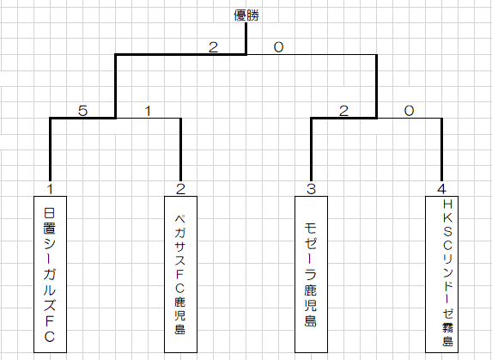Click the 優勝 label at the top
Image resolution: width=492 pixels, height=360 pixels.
click(246, 15)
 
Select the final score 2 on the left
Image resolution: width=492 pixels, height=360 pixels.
click(213, 47)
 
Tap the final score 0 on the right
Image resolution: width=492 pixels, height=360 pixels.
click(278, 47)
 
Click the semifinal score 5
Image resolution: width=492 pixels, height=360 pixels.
click(82, 111)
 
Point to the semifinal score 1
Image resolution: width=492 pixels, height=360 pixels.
click(148, 111)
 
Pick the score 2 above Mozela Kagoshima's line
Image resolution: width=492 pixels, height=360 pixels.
click(343, 111)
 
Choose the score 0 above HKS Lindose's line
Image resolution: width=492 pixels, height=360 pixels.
click(409, 111)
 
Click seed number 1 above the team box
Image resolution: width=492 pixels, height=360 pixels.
click(50, 189)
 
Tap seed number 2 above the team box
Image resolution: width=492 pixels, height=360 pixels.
click(180, 189)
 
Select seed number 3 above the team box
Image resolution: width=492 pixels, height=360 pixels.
click(311, 189)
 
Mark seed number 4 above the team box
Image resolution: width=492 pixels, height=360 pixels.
click(441, 189)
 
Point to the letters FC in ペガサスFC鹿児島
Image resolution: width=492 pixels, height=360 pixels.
click(180, 281)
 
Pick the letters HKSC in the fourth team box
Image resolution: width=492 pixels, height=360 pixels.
click(447, 225)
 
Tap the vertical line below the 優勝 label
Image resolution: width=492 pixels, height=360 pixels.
click(246, 39)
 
